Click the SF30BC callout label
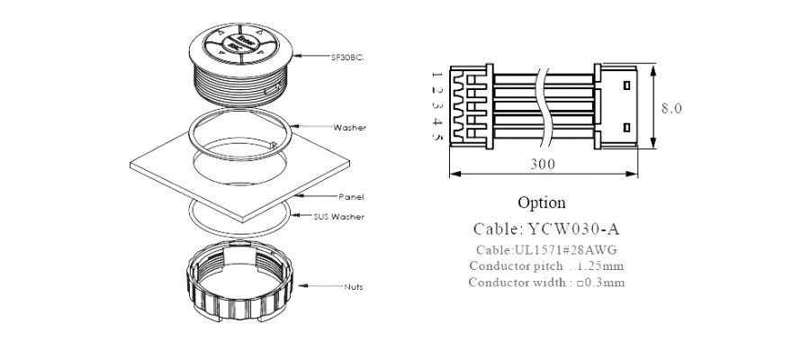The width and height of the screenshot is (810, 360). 347,57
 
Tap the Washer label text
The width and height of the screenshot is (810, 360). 349,127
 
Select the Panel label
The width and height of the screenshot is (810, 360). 350,196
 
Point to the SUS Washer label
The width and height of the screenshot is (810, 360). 338,217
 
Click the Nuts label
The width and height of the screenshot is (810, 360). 353,287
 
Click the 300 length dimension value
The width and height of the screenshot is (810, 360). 543,164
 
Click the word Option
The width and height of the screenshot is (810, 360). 542,202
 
